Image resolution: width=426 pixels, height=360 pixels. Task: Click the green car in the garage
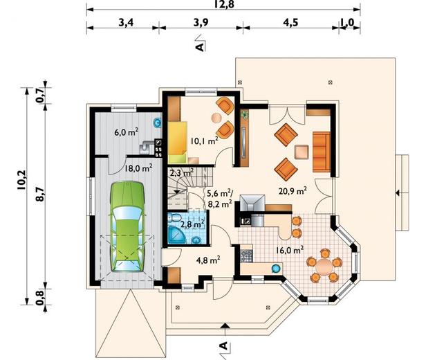point(127,226)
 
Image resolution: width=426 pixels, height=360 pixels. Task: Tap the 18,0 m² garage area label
point(138,169)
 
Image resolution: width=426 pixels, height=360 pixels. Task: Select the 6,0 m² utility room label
point(127,132)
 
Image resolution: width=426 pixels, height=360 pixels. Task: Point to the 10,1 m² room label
point(205,141)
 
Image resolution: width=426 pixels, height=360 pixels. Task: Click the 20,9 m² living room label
point(293,191)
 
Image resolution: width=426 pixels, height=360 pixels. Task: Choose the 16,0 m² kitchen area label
point(290,250)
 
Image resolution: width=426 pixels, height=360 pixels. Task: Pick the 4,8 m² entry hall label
point(208,260)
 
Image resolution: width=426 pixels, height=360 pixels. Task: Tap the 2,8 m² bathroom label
point(192,224)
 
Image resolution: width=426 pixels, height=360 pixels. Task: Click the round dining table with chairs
point(324,265)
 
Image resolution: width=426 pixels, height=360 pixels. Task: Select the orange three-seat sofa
point(322,152)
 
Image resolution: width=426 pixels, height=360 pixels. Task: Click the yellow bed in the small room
point(178,142)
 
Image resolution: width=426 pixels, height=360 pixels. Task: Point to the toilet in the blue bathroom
point(174,217)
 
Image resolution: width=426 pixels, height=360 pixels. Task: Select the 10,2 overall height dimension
point(21,180)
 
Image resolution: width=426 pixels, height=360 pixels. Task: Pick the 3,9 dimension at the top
point(201,22)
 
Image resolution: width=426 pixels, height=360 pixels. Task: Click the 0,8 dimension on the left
point(39,298)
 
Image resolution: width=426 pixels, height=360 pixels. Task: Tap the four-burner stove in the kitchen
point(246,256)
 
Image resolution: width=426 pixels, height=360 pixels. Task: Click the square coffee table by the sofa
point(302,152)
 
